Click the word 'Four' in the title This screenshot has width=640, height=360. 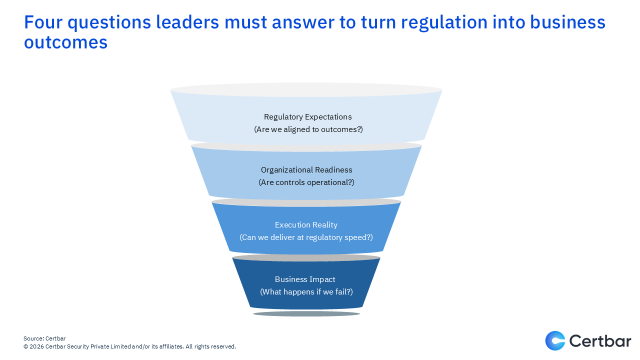pyautogui.click(x=44, y=22)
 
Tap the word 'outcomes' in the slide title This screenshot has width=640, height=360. pyautogui.click(x=65, y=42)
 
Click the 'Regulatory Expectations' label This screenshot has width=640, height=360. pyautogui.click(x=307, y=117)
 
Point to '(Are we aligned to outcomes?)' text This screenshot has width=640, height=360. pyautogui.click(x=307, y=129)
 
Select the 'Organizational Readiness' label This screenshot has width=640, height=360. pyautogui.click(x=306, y=170)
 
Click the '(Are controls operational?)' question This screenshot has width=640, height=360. pyautogui.click(x=306, y=182)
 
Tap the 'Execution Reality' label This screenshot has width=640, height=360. pyautogui.click(x=306, y=225)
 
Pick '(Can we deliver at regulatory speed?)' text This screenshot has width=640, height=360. pyautogui.click(x=306, y=237)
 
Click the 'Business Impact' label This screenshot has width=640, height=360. pyautogui.click(x=305, y=279)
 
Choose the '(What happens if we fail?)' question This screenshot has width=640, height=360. pyautogui.click(x=306, y=292)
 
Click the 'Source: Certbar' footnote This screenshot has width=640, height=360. pyautogui.click(x=44, y=338)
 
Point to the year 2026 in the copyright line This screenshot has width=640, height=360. pyautogui.click(x=36, y=346)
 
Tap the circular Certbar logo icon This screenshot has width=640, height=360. pyautogui.click(x=555, y=341)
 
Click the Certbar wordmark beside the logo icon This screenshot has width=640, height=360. pyautogui.click(x=600, y=341)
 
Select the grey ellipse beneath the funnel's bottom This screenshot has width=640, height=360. pyautogui.click(x=306, y=314)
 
